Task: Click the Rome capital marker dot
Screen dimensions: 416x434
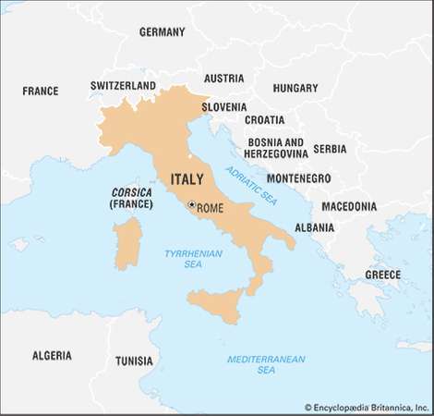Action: coord(191,205)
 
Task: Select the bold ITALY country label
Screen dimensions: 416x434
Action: coord(187,178)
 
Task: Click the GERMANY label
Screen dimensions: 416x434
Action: coord(162,31)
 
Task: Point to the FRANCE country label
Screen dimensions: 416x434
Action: coord(41,91)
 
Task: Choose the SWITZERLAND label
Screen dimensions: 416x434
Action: coord(123,85)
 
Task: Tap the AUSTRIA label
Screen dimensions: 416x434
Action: coord(223,79)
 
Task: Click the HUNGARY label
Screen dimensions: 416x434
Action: coord(295,88)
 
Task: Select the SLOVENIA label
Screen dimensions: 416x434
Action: coord(224,106)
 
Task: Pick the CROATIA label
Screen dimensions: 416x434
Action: coord(264,119)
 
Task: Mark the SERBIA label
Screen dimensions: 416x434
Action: coord(330,148)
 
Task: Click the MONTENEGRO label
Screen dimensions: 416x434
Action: coord(298,177)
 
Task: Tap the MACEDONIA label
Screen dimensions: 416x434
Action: coord(356,206)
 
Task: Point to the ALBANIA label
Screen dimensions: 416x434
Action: coord(314,226)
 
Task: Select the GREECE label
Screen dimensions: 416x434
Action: coord(382,275)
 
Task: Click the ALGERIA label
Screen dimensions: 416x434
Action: coord(52,355)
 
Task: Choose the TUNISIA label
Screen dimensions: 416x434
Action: coord(135,361)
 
